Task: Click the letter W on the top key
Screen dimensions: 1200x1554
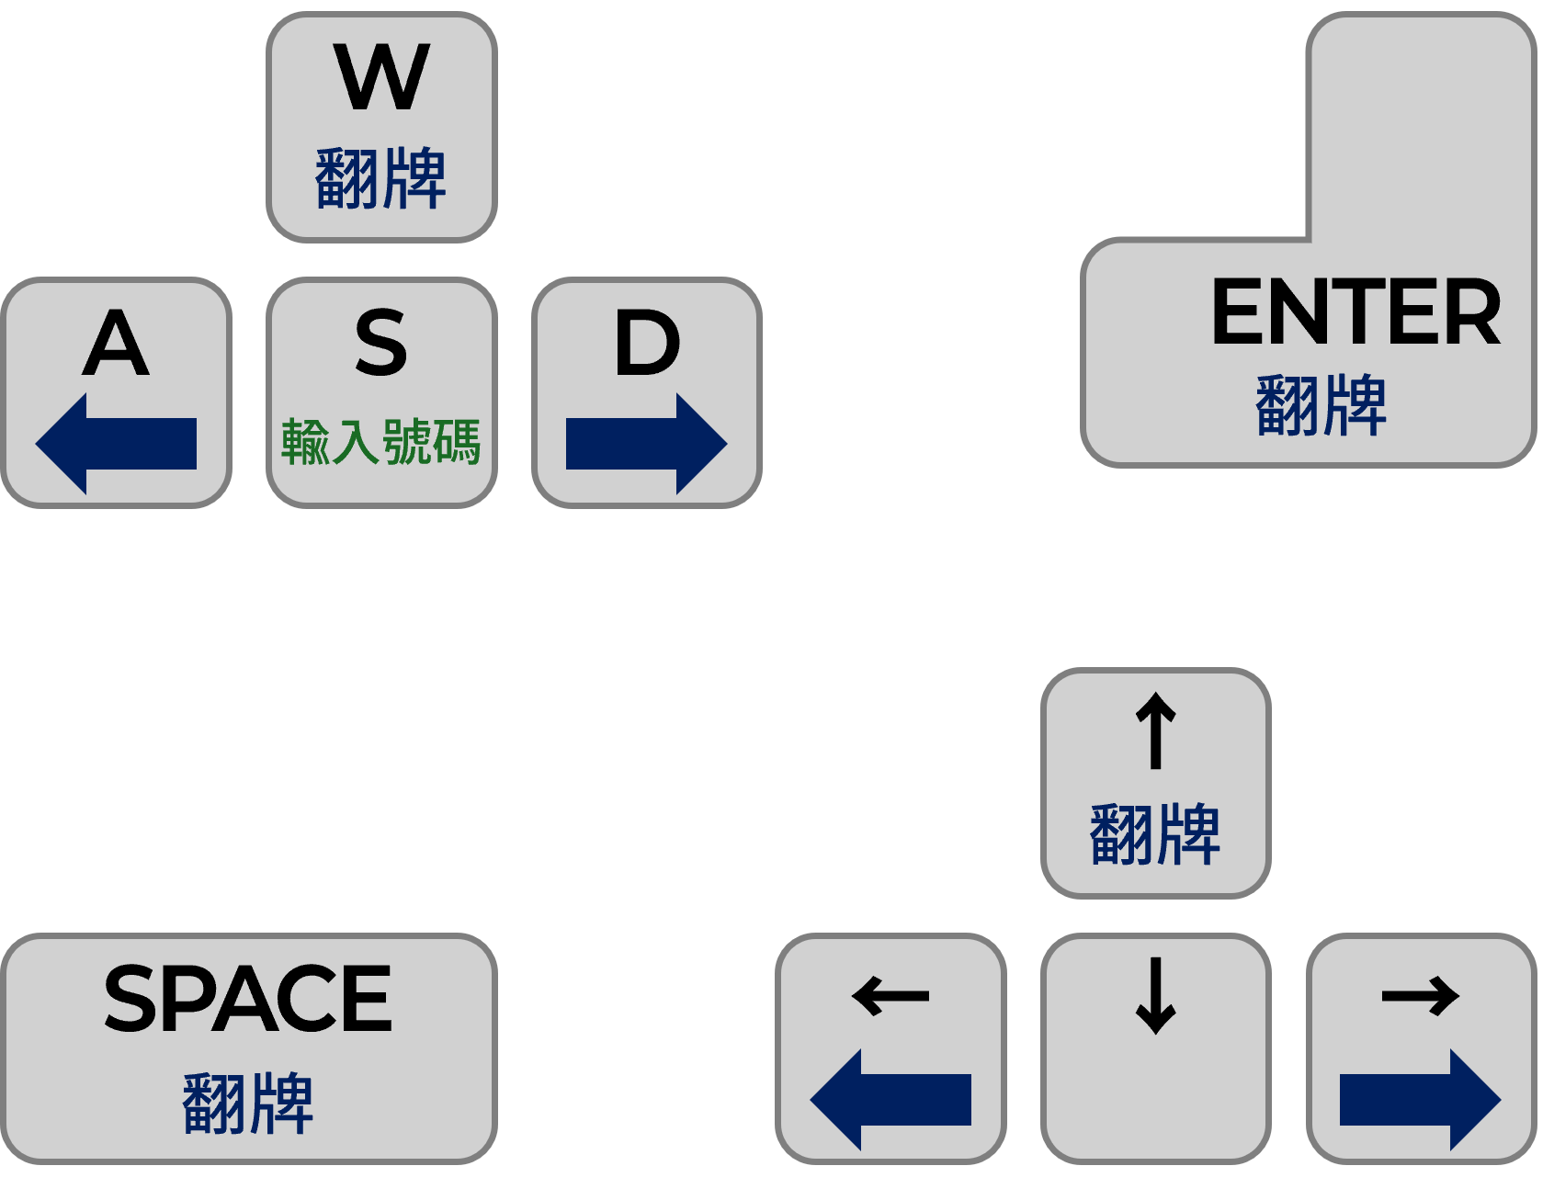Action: click(381, 77)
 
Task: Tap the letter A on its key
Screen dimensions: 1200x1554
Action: click(116, 343)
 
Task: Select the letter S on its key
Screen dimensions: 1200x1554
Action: click(381, 343)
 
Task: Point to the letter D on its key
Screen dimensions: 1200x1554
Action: click(647, 343)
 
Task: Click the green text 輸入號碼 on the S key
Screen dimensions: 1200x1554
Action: click(381, 442)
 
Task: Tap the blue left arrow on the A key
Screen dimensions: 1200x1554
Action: click(116, 444)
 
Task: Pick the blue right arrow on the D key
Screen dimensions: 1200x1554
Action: click(646, 444)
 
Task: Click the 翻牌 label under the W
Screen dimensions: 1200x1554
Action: click(381, 178)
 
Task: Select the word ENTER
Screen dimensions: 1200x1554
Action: click(1355, 313)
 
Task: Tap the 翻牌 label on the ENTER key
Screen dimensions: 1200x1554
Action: click(1321, 405)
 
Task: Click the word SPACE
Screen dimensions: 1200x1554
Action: click(248, 999)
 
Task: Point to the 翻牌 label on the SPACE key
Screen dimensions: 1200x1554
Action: click(248, 1103)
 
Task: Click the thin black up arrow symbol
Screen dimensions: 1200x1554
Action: click(1156, 730)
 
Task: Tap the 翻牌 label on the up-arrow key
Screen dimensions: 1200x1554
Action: click(1155, 834)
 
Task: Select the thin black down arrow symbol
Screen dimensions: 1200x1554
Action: click(1156, 996)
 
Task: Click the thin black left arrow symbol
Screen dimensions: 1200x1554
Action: click(890, 996)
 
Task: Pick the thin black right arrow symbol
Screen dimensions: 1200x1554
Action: click(1421, 996)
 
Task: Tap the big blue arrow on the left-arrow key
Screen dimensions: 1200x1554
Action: click(890, 1100)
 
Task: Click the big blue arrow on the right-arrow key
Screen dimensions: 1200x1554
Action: click(1420, 1100)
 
